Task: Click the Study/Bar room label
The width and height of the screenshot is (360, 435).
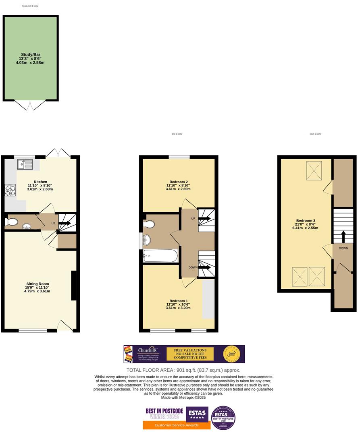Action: pos(31,54)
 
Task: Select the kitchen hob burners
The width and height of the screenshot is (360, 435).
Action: pos(10,190)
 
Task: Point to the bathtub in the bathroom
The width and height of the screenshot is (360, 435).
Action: pos(160,255)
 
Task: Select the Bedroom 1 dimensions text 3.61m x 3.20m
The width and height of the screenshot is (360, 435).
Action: pos(178,308)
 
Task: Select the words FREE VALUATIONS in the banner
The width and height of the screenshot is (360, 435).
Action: pos(190,350)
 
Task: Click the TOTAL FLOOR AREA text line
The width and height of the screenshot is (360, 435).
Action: pos(183,370)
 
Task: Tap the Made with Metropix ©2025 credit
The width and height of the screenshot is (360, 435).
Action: pos(183,398)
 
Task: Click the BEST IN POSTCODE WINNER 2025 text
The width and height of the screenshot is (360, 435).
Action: pos(164,414)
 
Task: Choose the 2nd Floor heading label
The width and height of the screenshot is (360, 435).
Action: pos(315,134)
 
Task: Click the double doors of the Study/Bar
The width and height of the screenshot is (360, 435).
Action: pos(30,105)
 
